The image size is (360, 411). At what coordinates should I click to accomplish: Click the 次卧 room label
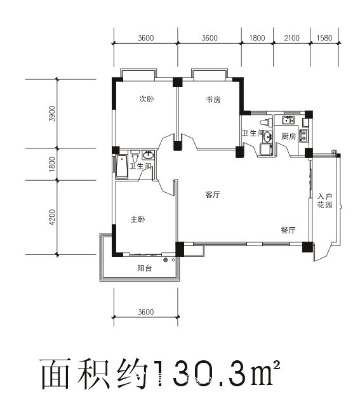[147, 100]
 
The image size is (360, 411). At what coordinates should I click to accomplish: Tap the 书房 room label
[213, 100]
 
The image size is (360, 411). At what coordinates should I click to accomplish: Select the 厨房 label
[289, 136]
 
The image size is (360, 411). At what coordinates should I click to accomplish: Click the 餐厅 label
[288, 230]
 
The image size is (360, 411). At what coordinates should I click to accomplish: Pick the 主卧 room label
[138, 219]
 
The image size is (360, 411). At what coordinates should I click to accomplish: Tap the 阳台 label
[145, 269]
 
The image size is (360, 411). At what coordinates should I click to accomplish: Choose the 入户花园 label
[325, 201]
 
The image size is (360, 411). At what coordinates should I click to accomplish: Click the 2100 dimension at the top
[291, 38]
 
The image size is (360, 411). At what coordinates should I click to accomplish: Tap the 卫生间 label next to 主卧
[140, 166]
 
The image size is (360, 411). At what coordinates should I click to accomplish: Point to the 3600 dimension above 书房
[210, 38]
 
